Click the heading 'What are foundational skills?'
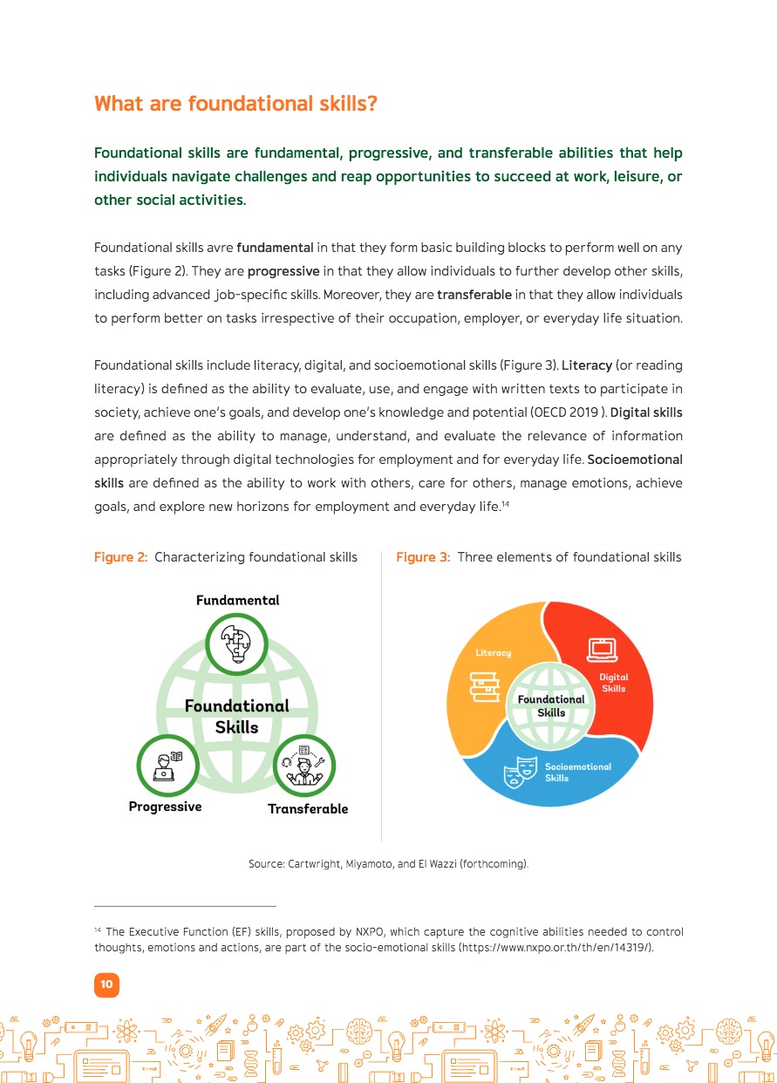click(235, 105)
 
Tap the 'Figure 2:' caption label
click(120, 557)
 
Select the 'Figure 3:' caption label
click(423, 557)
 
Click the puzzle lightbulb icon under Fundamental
click(236, 644)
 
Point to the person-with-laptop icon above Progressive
click(167, 766)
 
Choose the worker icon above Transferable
click(304, 766)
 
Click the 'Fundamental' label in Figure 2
click(237, 600)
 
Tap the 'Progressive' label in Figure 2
click(165, 807)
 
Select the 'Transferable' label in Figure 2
click(308, 809)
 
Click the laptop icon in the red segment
click(602, 650)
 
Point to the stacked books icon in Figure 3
click(484, 686)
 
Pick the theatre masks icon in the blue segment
click(519, 770)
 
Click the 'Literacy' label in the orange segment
click(494, 653)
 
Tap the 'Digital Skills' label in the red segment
click(613, 683)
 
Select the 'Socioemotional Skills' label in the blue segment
click(577, 773)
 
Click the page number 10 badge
click(106, 984)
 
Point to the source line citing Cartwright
click(388, 864)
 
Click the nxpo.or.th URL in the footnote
click(559, 948)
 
